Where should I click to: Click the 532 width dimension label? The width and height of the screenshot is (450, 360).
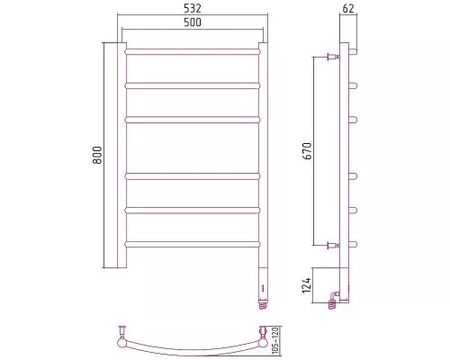(193, 8)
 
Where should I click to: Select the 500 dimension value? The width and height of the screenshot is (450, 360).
(193, 22)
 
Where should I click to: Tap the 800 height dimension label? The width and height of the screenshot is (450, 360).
(97, 155)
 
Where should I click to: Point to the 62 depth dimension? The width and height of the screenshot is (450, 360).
(348, 9)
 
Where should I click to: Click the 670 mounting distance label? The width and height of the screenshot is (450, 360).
(308, 151)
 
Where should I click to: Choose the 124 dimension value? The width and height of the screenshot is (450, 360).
(307, 285)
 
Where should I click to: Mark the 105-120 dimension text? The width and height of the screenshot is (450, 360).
(276, 340)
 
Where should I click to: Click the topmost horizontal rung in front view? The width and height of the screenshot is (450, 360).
(193, 52)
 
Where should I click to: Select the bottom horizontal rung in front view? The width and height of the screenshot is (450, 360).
(193, 244)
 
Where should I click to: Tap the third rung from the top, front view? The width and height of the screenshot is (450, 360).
(193, 120)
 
